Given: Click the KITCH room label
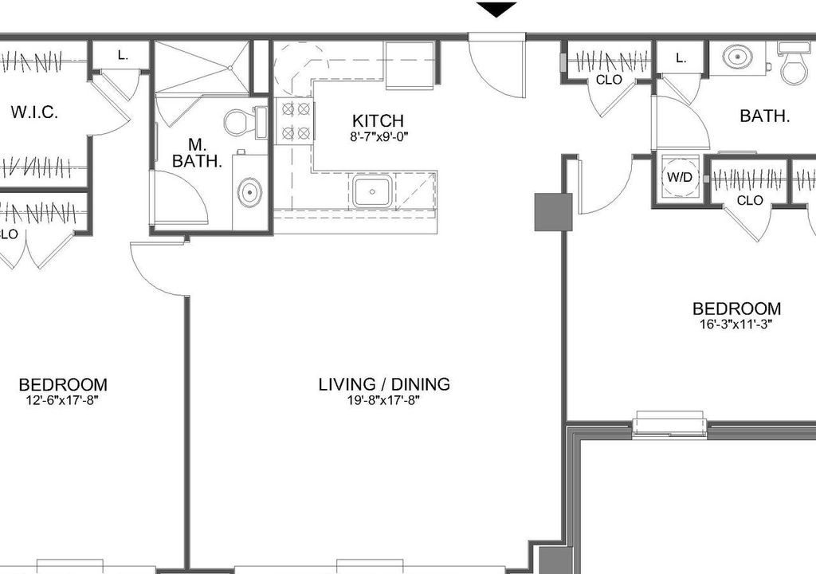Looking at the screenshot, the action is click(x=378, y=121).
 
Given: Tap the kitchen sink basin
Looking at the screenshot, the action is click(x=372, y=191).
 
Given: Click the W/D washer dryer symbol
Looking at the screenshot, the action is click(x=680, y=178).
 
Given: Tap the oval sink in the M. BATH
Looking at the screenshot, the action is click(x=249, y=192).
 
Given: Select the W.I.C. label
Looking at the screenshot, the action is click(x=34, y=112).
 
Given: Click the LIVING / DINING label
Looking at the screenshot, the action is click(x=384, y=384).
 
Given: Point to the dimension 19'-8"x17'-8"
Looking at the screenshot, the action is click(x=384, y=400).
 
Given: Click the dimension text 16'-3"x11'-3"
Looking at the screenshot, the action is click(x=736, y=324).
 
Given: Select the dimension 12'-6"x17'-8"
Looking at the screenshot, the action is click(x=62, y=400).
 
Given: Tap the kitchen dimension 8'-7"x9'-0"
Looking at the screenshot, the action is click(x=379, y=137).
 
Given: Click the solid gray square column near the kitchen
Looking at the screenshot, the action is click(x=553, y=212).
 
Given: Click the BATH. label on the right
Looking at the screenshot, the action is click(x=765, y=116).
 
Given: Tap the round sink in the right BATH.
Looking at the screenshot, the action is click(x=737, y=57).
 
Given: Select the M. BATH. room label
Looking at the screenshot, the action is click(x=198, y=152).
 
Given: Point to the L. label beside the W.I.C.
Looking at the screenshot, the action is click(x=123, y=55).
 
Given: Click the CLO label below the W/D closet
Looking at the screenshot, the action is click(x=750, y=201).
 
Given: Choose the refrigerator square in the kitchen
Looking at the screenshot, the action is click(x=409, y=65).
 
